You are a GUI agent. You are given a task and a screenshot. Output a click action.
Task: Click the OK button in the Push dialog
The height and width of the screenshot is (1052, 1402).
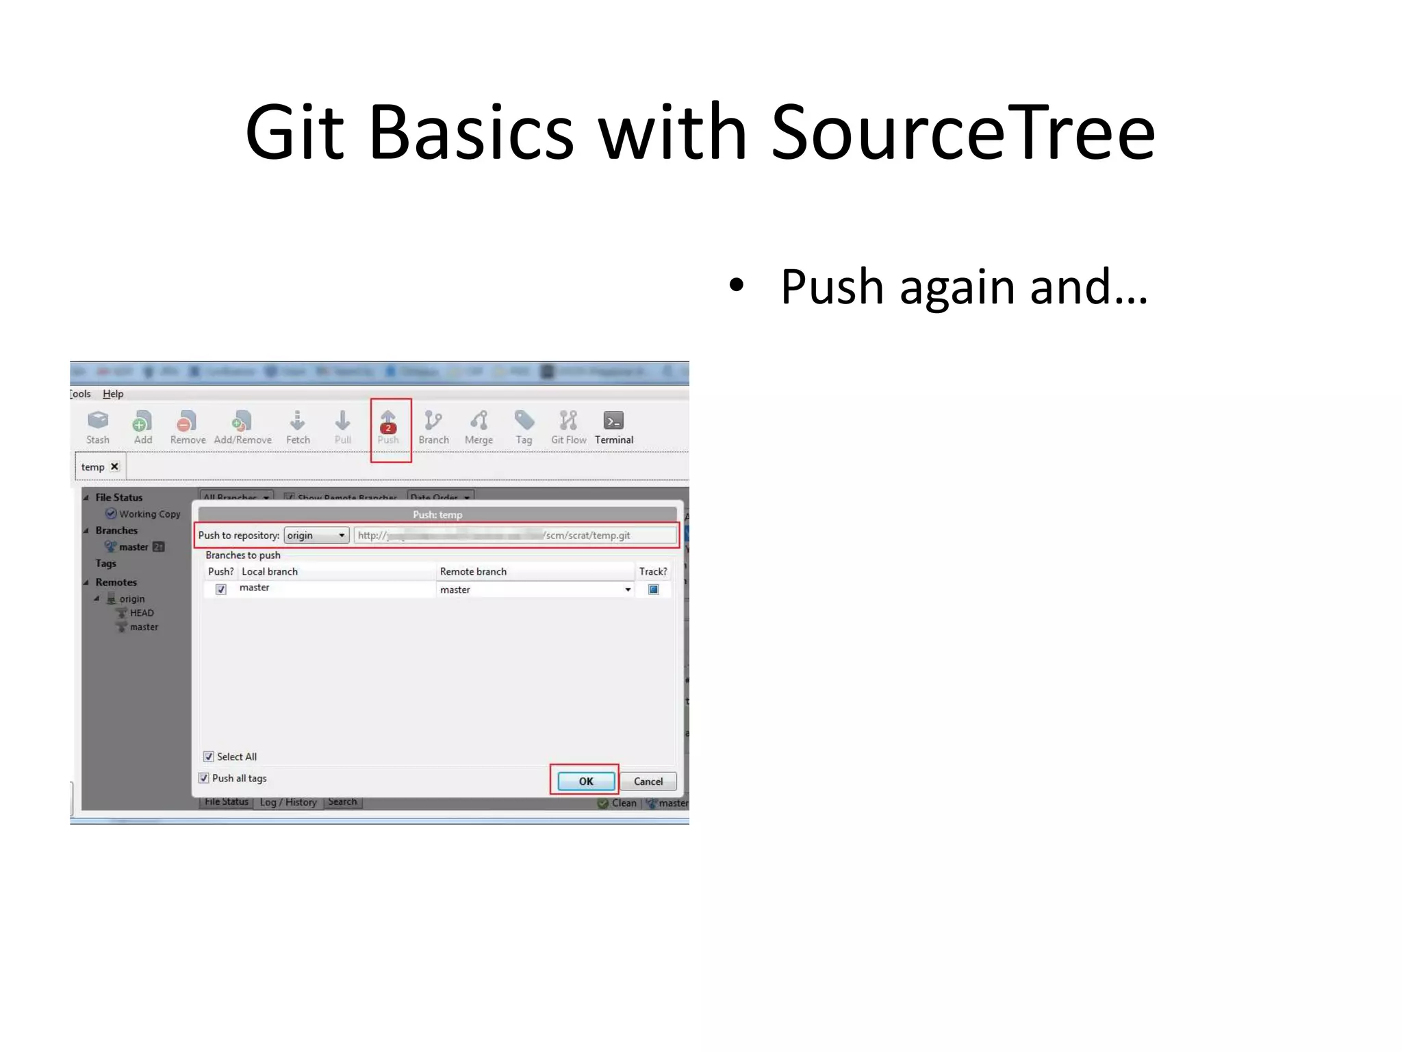click(x=585, y=781)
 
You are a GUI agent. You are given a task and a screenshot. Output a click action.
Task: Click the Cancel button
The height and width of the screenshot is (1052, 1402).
click(x=648, y=781)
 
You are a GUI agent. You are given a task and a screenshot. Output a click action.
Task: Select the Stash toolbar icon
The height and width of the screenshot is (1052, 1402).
click(x=98, y=427)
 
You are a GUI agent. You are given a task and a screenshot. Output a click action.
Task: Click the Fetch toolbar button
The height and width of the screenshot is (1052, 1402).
click(x=298, y=427)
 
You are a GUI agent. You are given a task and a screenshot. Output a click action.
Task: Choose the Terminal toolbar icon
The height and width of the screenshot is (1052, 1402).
click(x=613, y=427)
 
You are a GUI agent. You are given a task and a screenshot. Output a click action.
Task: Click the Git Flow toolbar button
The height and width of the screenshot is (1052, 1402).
click(x=568, y=427)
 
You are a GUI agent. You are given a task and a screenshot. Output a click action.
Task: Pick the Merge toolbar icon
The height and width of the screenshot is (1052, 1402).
click(x=479, y=427)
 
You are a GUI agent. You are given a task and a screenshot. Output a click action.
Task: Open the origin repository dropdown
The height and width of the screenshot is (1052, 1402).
click(x=316, y=536)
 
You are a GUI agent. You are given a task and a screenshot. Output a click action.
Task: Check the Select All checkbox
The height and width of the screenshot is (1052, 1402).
click(x=209, y=757)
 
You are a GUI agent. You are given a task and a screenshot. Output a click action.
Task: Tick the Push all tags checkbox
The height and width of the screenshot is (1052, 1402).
click(x=204, y=778)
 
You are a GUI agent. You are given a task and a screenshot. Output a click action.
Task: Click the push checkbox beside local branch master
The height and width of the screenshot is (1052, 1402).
click(x=221, y=590)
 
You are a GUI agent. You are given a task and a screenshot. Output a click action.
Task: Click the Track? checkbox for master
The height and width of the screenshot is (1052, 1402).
click(x=653, y=590)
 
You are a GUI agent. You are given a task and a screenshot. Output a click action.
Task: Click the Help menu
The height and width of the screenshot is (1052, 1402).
click(x=113, y=394)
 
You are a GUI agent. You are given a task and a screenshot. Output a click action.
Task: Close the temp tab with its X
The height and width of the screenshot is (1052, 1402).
click(x=115, y=466)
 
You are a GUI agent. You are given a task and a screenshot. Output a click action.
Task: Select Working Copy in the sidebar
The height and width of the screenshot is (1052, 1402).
click(x=149, y=514)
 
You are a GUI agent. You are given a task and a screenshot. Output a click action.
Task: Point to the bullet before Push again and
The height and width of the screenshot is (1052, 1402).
click(x=736, y=286)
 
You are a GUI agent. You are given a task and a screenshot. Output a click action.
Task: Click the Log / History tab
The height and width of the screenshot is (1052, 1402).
click(x=288, y=802)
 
